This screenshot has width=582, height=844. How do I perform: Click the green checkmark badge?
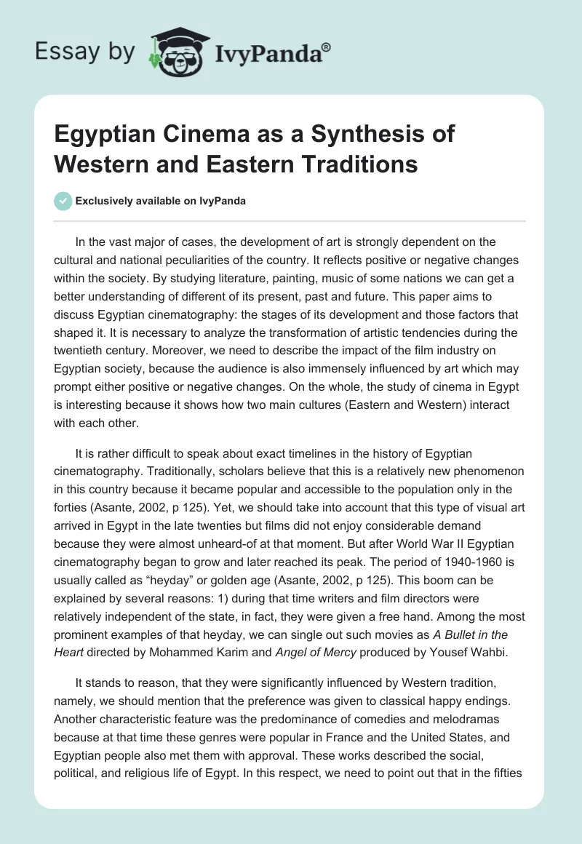click(64, 201)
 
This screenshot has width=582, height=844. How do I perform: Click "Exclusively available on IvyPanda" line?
click(160, 201)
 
